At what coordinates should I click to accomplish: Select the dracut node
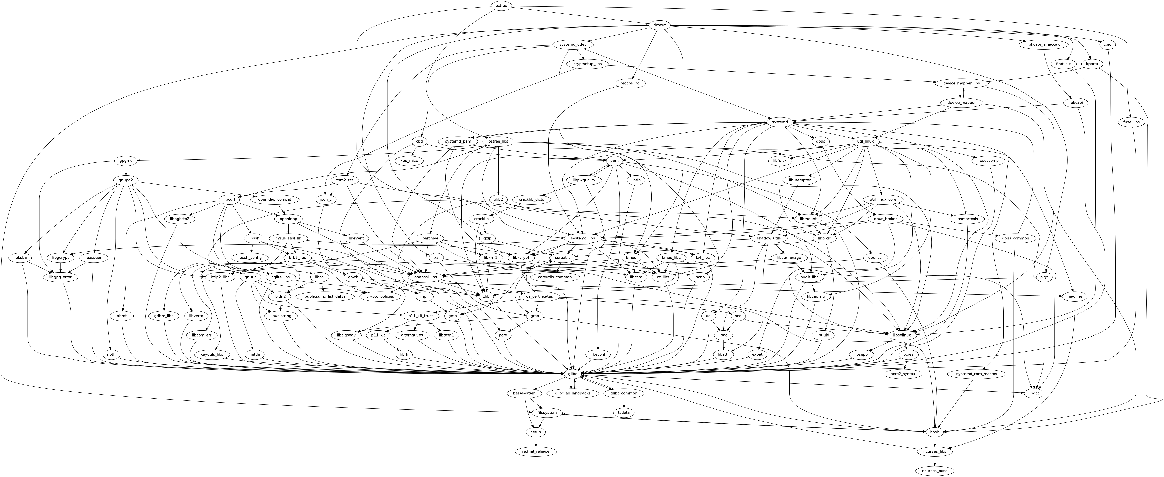[659, 25]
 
